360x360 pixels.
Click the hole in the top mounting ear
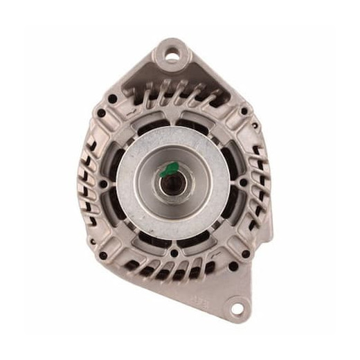click(170, 51)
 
